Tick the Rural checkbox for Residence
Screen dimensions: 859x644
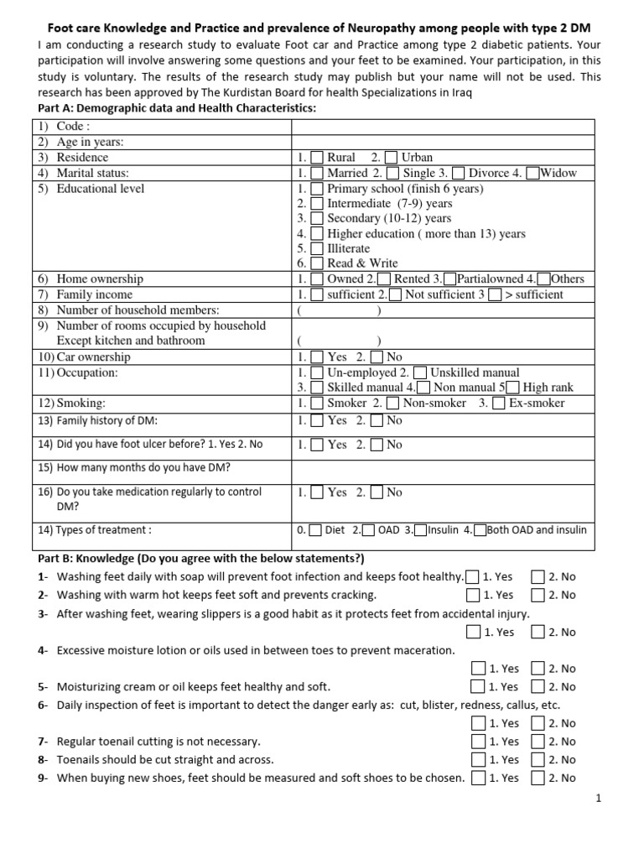317,158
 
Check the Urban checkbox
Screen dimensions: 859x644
392,158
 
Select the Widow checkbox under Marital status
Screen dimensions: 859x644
533,173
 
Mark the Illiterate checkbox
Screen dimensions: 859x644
317,248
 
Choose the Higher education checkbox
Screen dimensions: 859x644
317,233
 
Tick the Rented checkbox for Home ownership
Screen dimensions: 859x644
384,279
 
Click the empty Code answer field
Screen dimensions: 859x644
443,127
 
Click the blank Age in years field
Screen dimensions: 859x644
443,143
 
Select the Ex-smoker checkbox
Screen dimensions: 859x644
499,403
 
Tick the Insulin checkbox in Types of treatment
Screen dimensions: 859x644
421,530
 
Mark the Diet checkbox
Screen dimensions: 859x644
314,530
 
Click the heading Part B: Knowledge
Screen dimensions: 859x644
201,559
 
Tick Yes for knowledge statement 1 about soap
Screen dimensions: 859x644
473,576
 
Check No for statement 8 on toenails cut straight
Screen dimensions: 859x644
538,760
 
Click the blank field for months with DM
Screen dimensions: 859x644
443,467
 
